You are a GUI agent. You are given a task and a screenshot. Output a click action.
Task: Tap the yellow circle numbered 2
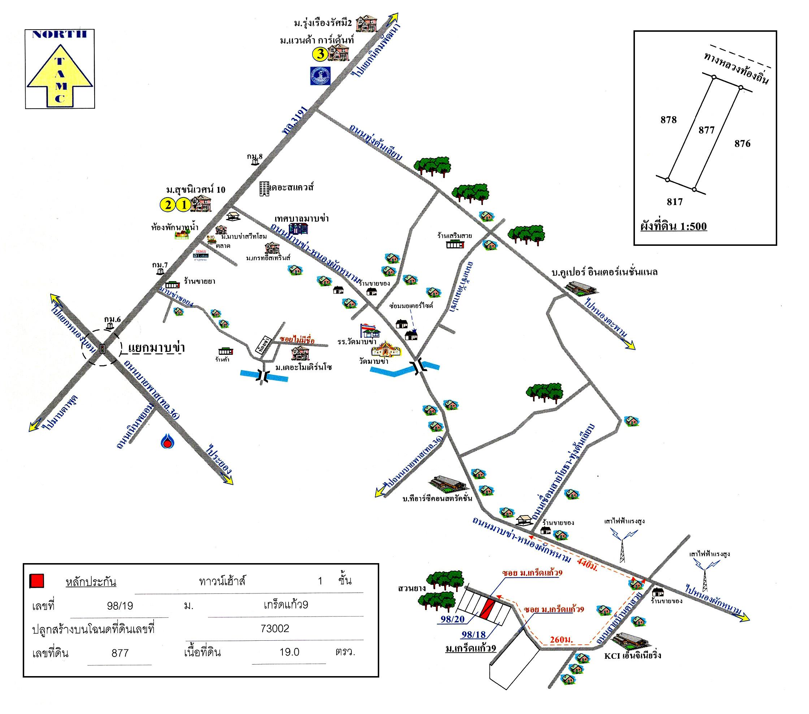(168, 205)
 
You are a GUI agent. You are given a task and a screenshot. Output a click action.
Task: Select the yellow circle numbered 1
(183, 205)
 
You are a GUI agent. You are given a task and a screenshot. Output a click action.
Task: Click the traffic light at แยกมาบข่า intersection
(103, 349)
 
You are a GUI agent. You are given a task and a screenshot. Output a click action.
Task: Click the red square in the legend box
(37, 581)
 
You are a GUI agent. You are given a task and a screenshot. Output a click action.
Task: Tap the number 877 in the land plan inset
(706, 130)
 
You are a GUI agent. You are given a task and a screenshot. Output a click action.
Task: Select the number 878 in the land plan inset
(669, 119)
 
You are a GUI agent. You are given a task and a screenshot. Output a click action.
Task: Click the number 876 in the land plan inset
(742, 144)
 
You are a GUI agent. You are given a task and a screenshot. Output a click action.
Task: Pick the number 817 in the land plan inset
(674, 202)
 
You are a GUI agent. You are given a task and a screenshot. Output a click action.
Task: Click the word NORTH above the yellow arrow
(59, 34)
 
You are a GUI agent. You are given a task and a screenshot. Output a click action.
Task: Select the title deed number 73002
(275, 628)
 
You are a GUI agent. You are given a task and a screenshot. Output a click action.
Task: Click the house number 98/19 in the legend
(120, 606)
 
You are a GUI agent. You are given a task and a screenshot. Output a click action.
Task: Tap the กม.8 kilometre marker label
(255, 157)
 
